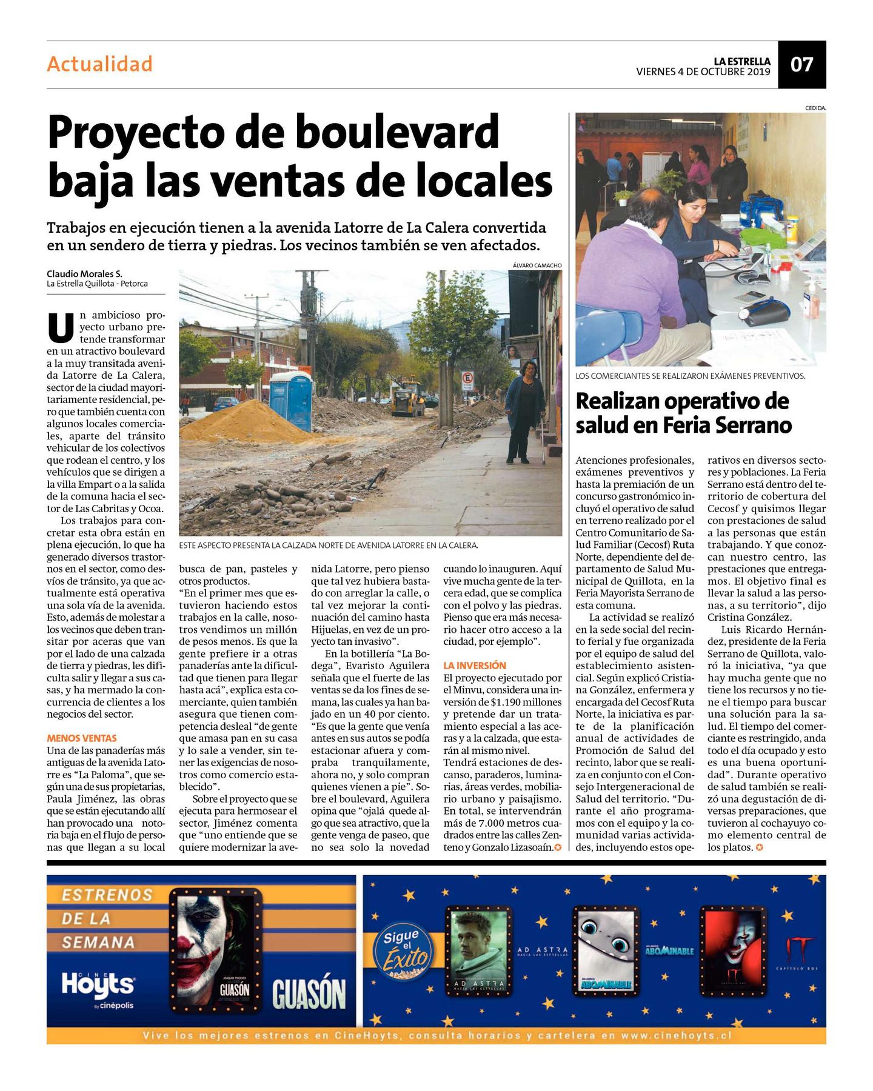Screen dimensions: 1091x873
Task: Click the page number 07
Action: pos(801,64)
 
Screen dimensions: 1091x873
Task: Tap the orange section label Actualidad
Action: pos(100,64)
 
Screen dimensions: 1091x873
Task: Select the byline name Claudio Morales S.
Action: pos(84,274)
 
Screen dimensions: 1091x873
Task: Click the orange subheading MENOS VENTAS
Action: pos(82,738)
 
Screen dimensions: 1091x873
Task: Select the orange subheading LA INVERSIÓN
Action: pos(475,666)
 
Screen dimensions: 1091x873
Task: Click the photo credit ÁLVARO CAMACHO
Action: pos(537,265)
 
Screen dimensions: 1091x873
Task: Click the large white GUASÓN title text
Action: pos(309,994)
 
